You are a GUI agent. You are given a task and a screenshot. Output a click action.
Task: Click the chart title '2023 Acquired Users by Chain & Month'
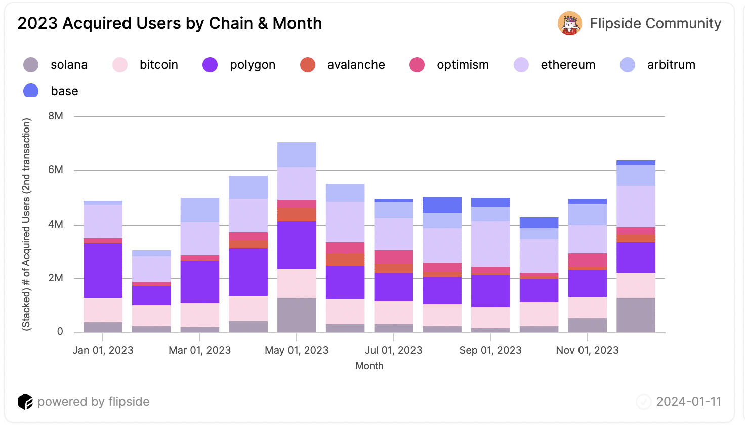[170, 23]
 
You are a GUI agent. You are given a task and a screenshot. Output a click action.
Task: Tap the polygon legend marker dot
[210, 65]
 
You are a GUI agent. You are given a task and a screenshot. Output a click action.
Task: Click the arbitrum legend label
[671, 65]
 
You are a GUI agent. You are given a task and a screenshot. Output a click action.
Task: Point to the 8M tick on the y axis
[56, 116]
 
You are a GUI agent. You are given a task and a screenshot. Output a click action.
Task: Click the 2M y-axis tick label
[56, 278]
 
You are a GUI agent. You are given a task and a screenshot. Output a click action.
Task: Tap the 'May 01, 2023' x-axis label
[297, 350]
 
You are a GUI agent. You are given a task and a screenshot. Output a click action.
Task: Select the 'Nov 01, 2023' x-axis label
[587, 350]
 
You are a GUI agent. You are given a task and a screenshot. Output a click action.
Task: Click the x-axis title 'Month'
[369, 366]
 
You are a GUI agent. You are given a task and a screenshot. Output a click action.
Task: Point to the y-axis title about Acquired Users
[26, 224]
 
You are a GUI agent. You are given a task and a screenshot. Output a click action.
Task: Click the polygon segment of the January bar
[103, 271]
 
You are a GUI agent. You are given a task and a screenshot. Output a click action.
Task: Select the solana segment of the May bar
[297, 315]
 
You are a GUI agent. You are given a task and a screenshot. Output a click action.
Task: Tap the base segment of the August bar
[442, 205]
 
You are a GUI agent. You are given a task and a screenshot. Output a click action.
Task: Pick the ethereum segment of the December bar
[636, 206]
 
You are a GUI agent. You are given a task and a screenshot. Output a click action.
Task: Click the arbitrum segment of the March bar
[200, 210]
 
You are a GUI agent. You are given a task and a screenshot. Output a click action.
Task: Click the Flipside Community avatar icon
[569, 23]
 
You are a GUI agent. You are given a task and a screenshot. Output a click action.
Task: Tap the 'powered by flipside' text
[94, 402]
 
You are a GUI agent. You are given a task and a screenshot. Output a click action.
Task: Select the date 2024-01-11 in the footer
[688, 402]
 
